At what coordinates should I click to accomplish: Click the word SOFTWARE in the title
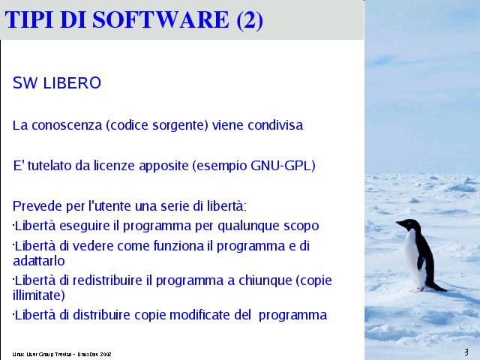tap(160, 19)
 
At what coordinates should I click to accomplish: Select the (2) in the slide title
tap(250, 20)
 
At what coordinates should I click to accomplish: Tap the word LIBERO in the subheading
tap(72, 83)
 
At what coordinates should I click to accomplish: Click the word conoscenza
tap(67, 125)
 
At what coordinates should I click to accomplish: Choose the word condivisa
tap(275, 125)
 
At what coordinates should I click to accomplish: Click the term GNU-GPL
tap(281, 166)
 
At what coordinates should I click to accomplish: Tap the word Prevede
tap(37, 206)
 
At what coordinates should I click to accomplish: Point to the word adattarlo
tap(39, 261)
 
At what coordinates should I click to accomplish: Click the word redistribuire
tap(107, 280)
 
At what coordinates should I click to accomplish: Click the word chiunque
tap(265, 280)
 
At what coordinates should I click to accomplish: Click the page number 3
tap(466, 352)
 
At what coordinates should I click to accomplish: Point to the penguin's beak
tap(398, 223)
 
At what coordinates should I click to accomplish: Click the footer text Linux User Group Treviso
tap(42, 355)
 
